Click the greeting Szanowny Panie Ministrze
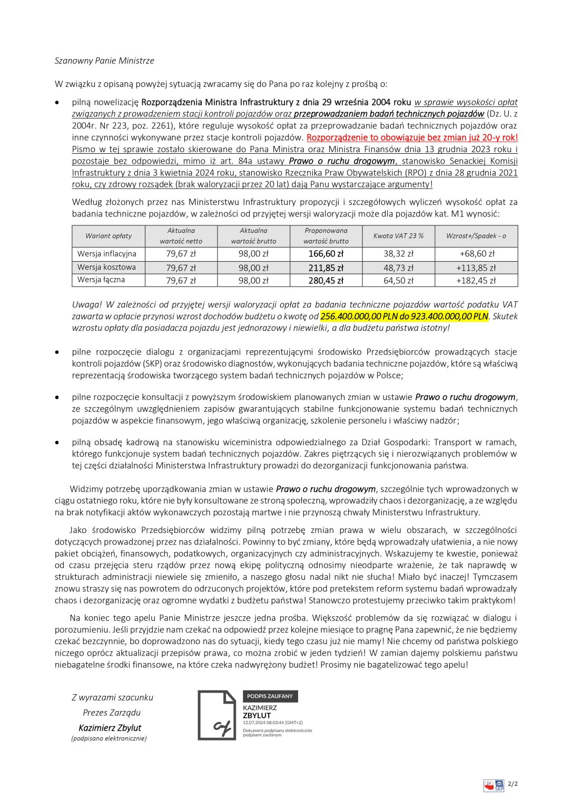[x=104, y=61]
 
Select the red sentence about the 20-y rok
[x=412, y=137]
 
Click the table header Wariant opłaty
[x=109, y=236]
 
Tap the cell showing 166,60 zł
[x=326, y=254]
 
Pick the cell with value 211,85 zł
[x=326, y=268]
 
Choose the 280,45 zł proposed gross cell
[x=326, y=281]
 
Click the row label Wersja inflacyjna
[x=107, y=254]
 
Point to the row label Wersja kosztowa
[x=106, y=267]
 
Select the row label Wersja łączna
[x=101, y=280]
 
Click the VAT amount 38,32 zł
[x=398, y=254]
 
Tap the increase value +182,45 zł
[x=476, y=281]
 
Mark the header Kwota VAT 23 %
[x=398, y=236]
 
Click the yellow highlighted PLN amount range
[x=404, y=316]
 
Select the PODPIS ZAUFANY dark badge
[x=270, y=696]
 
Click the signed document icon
[x=217, y=715]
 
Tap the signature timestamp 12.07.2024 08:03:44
[x=272, y=723]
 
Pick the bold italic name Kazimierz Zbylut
[x=110, y=728]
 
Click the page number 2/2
[x=512, y=784]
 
